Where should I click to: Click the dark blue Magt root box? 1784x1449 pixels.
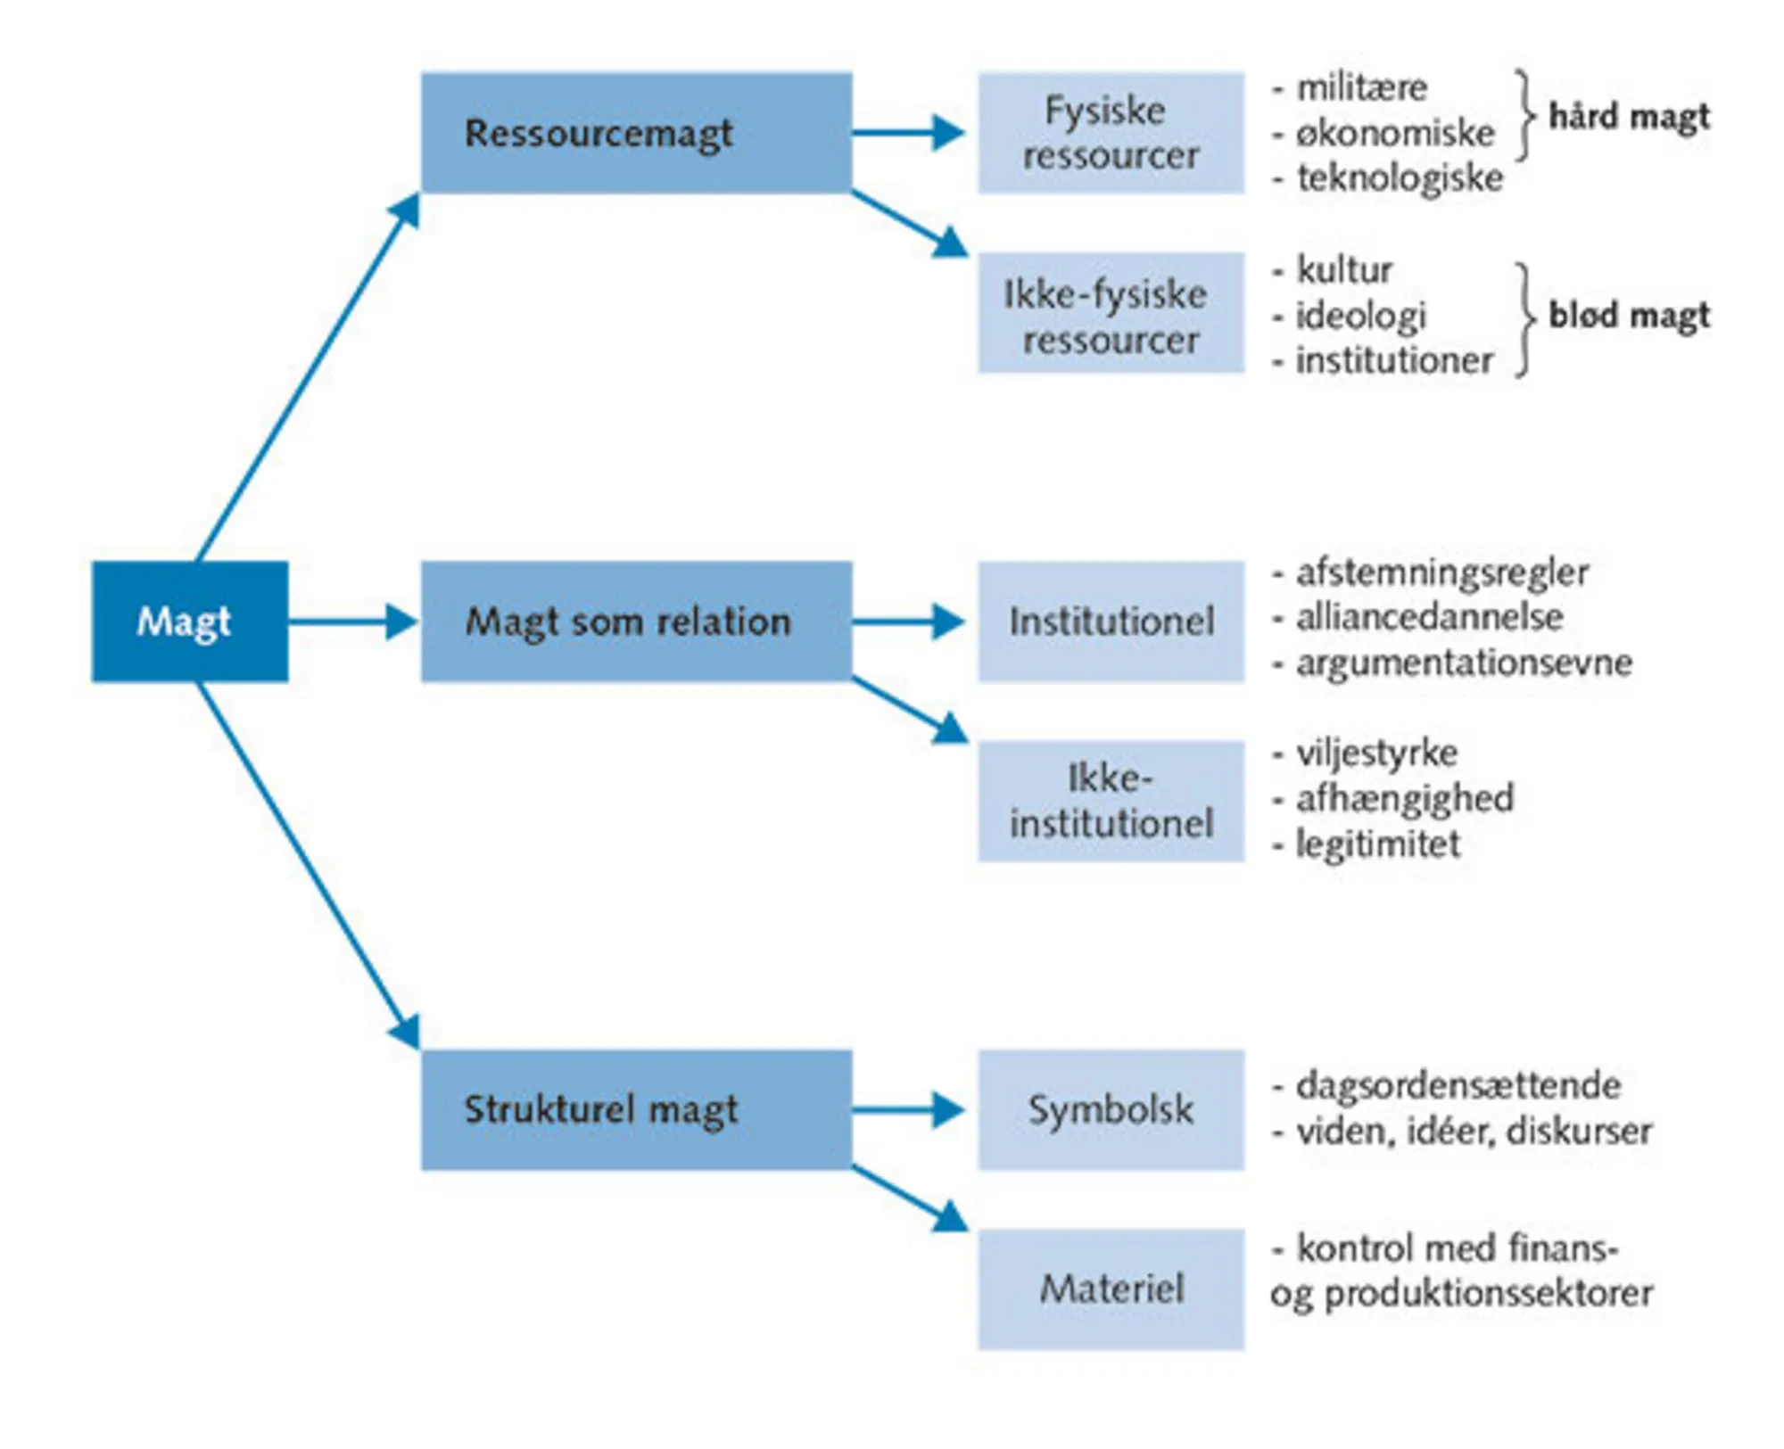click(189, 622)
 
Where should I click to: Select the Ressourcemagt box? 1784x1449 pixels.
click(636, 133)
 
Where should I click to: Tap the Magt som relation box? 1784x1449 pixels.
click(636, 622)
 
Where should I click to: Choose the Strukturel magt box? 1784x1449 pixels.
click(636, 1109)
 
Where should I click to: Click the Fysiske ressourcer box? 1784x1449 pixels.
click(1111, 133)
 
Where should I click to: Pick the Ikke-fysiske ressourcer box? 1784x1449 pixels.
click(1111, 313)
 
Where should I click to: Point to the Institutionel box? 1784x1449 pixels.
click(1111, 622)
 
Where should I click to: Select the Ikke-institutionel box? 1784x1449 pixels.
click(1111, 801)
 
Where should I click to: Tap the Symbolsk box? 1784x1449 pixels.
click(1111, 1109)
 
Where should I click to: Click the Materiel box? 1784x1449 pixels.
click(1111, 1288)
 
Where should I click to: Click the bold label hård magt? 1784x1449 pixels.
click(1629, 117)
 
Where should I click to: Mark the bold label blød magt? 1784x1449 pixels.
click(1629, 315)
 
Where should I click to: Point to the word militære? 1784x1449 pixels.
click(1361, 88)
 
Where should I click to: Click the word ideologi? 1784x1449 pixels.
click(1360, 316)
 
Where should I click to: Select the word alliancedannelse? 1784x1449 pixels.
click(1429, 617)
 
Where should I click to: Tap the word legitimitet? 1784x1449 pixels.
click(1378, 844)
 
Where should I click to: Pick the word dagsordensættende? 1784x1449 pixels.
click(1458, 1086)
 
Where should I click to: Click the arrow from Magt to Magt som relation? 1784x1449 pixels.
click(353, 622)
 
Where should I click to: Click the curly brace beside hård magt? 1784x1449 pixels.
click(1526, 116)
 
